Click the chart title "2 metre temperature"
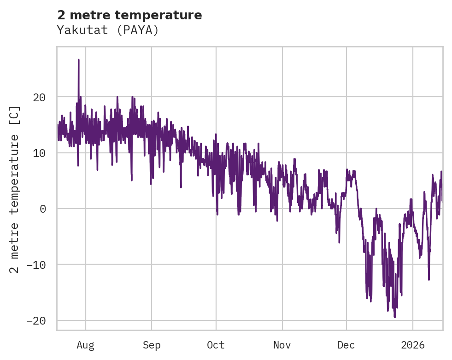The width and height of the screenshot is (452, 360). coord(129,15)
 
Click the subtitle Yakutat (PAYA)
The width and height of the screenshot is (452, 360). coord(108,30)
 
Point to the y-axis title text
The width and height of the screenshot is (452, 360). coord(15,190)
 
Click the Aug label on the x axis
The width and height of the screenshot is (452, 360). coord(85,345)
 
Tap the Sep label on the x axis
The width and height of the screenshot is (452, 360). coord(152,345)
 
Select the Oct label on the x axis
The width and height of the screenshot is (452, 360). coord(216,345)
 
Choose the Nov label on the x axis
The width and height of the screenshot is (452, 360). coord(282,345)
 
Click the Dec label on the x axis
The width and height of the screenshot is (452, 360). coord(346,345)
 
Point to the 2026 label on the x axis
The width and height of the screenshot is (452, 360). coord(413,345)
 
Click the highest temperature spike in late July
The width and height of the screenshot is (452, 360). coord(79,60)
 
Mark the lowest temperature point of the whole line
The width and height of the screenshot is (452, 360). coord(395,317)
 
